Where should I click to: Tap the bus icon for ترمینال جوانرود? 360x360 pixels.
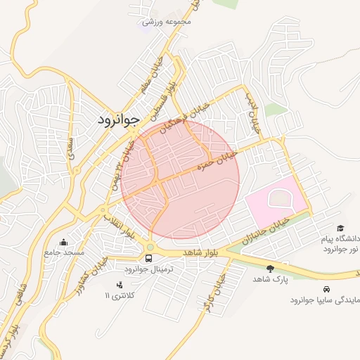(148, 258)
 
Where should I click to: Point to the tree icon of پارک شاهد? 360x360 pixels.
(271, 268)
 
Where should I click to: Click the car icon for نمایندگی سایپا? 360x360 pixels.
(326, 289)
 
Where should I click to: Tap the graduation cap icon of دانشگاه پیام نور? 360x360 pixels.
(341, 229)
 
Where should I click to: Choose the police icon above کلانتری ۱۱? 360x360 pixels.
(119, 284)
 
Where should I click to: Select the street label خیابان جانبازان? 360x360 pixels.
(264, 229)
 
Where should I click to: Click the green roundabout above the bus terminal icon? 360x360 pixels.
(151, 246)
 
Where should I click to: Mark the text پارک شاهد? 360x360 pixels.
(271, 279)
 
